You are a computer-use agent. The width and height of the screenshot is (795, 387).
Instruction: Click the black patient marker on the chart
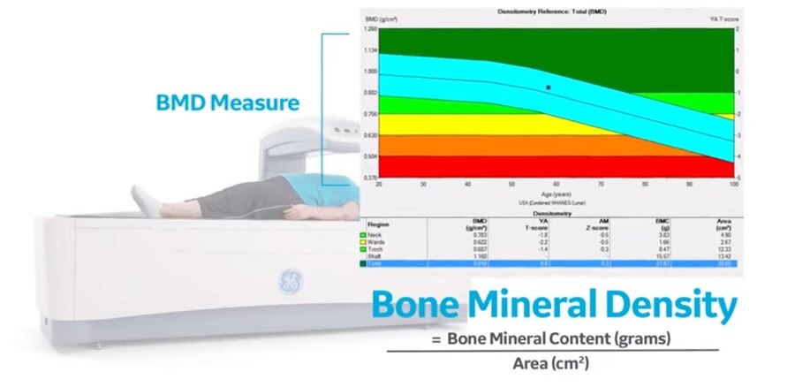[549, 87]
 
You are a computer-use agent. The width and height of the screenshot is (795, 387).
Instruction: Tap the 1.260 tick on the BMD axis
[371, 29]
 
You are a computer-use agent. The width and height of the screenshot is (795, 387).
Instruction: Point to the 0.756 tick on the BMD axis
[371, 114]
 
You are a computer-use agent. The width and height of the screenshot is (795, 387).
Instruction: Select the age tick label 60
[556, 185]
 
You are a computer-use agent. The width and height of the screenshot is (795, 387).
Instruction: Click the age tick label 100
[733, 185]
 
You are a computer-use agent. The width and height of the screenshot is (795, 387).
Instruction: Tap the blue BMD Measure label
[227, 103]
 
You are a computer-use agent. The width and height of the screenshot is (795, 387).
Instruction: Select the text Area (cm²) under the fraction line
[551, 362]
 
